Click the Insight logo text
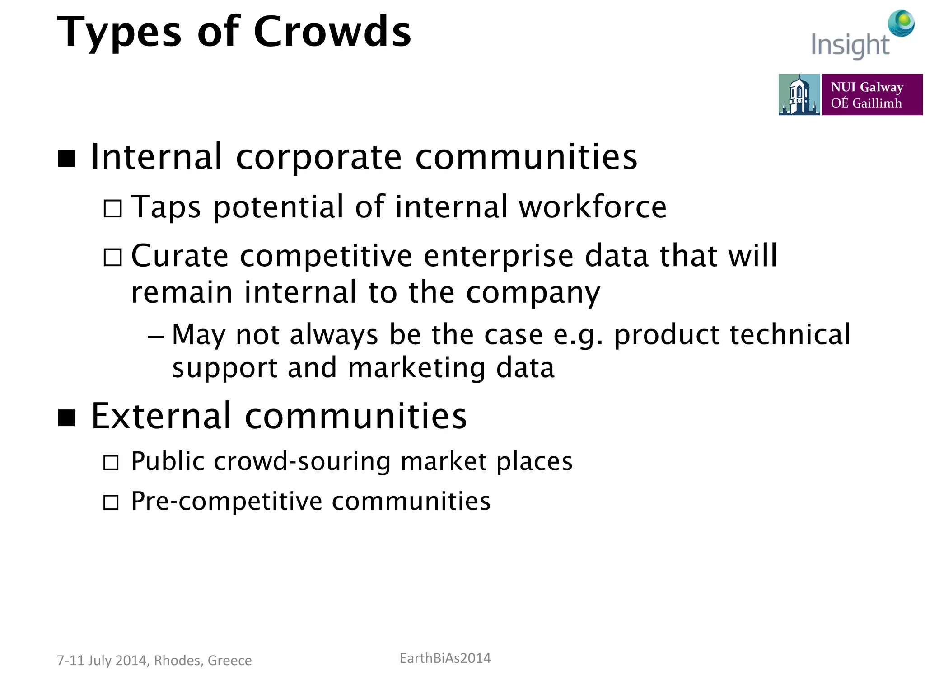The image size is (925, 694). [850, 45]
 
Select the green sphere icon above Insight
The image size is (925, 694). [901, 23]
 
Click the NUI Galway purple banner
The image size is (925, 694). [872, 94]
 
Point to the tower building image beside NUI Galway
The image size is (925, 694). [799, 94]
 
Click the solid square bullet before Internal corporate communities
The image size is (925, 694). [66, 159]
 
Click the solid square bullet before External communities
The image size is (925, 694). [66, 418]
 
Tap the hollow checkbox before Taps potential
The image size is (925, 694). [112, 209]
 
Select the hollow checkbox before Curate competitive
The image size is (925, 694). [112, 258]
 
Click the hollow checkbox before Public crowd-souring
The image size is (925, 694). [111, 463]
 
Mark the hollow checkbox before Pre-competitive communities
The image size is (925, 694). [111, 502]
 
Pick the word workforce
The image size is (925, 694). [592, 207]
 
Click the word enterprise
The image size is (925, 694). [499, 257]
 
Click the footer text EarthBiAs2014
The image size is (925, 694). [445, 658]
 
